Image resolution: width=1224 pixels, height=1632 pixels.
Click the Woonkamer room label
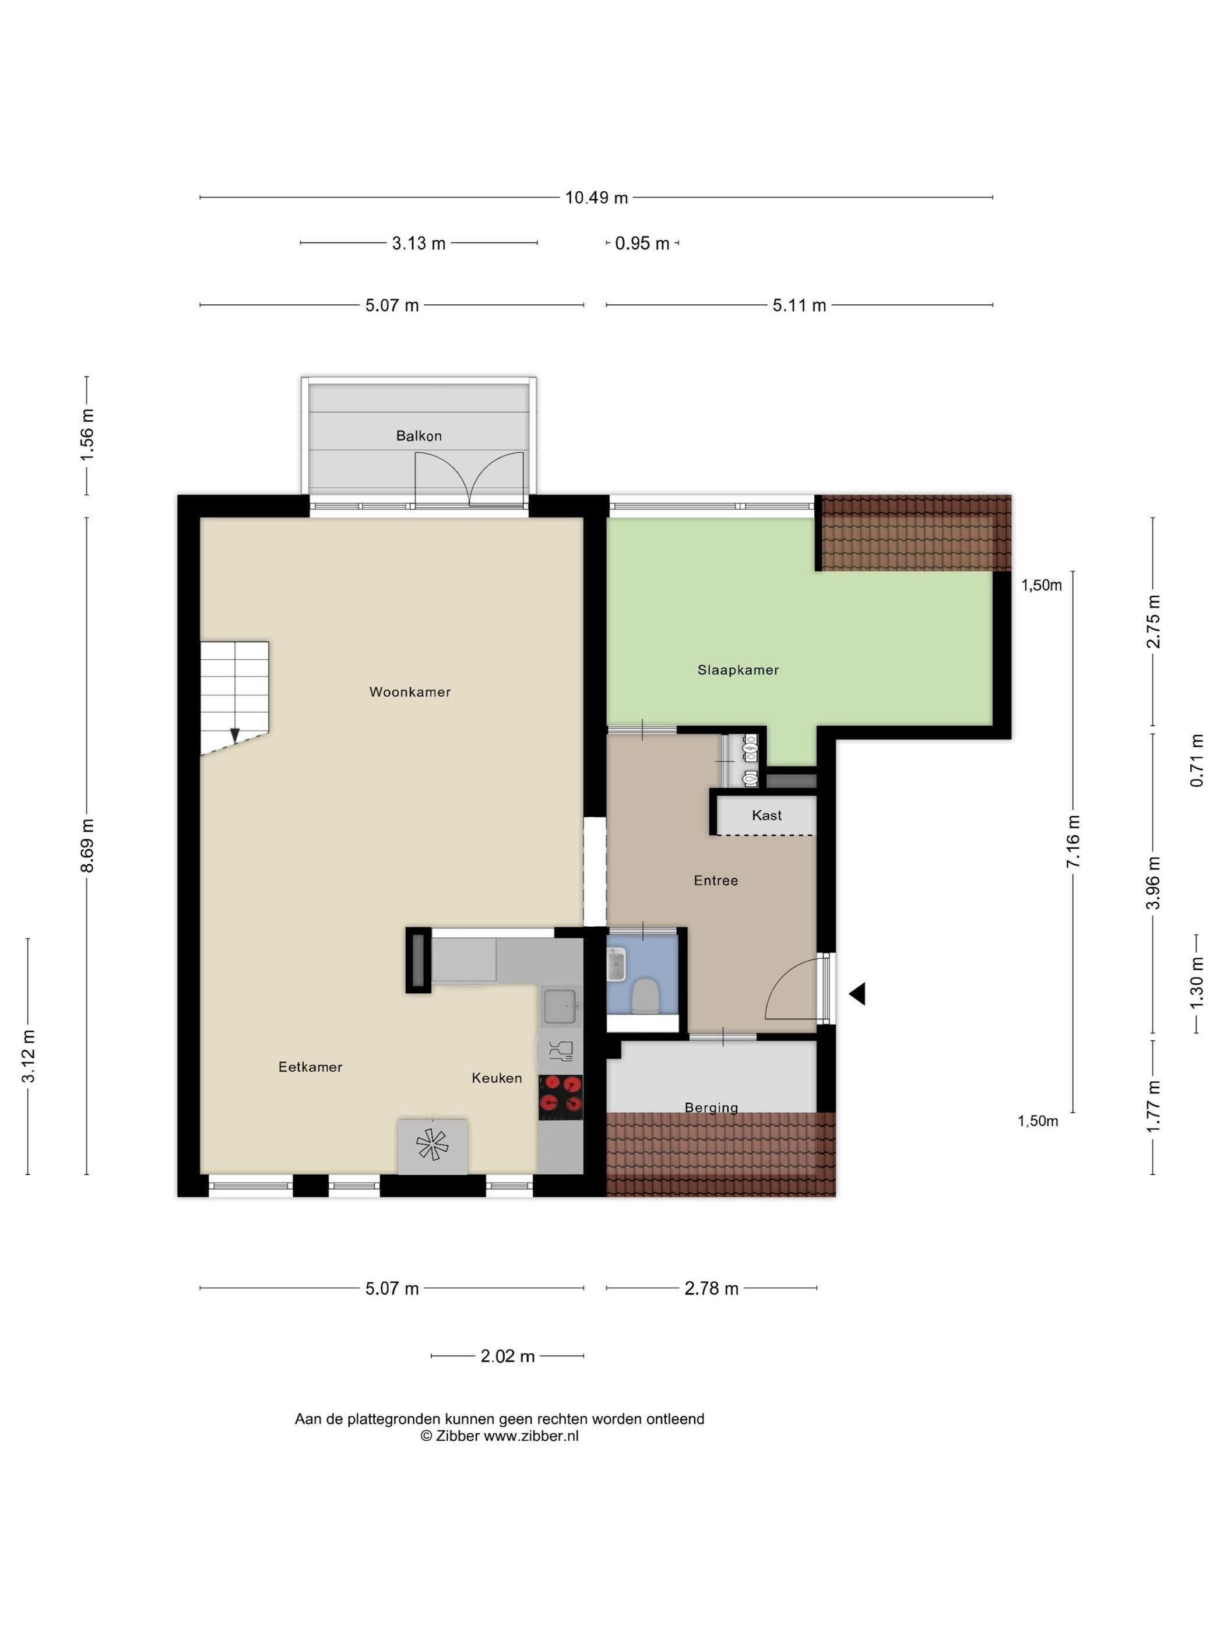pos(410,692)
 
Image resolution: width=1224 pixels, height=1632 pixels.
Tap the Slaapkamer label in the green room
pos(738,670)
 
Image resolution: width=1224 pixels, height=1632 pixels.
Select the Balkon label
pos(418,436)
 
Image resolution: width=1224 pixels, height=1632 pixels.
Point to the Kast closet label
pos(766,815)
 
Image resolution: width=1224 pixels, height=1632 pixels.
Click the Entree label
pos(716,880)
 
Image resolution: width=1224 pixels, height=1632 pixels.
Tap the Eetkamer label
pos(310,1067)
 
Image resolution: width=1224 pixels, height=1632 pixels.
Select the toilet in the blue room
pos(646,996)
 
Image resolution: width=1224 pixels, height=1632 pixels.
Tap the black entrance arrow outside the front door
pos(857,994)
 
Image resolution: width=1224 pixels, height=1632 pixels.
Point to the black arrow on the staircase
pos(235,735)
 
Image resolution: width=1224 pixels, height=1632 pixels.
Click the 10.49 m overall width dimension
pos(596,198)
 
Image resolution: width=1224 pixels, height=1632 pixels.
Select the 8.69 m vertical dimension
pos(87,846)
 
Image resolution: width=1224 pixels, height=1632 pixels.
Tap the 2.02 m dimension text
pos(508,1356)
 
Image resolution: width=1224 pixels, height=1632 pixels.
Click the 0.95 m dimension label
pos(642,244)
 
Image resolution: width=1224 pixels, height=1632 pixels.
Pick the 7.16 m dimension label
pos(1073,842)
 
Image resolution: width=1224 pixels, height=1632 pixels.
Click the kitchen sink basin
pos(561,1005)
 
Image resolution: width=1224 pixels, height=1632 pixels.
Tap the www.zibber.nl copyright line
pos(500,1436)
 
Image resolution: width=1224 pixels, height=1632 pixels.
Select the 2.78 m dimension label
pos(711,1288)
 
